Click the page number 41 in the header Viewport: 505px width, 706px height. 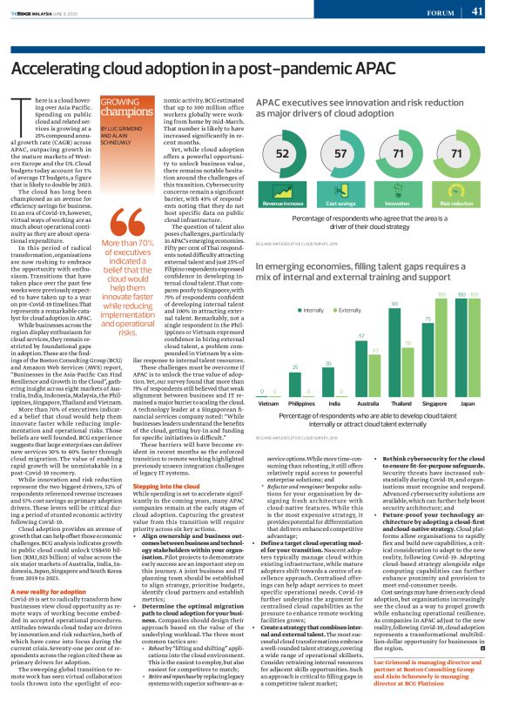tap(477, 11)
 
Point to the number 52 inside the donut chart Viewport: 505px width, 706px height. tap(283, 154)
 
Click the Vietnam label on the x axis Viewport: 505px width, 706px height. tap(269, 404)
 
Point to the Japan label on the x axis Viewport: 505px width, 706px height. tap(468, 404)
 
